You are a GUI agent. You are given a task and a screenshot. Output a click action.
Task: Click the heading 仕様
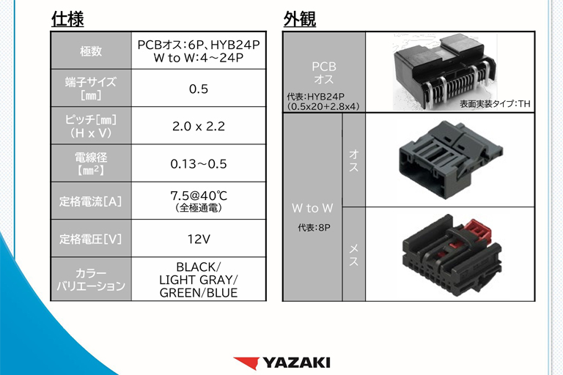point(67,18)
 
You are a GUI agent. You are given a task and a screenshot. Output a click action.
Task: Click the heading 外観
point(300,18)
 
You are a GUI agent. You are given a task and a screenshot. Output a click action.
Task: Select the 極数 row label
point(91,51)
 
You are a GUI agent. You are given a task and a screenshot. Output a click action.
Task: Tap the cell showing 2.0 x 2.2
point(199,126)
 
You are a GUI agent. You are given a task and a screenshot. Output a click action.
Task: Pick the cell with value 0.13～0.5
point(199,164)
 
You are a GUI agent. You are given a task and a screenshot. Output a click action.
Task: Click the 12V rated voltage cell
point(199,239)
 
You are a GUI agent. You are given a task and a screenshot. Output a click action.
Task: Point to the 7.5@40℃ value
point(199,196)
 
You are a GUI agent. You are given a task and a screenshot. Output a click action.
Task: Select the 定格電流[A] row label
point(91,201)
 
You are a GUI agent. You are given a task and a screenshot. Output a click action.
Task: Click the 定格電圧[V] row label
point(91,239)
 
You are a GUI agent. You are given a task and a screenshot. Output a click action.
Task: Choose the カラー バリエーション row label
point(91,280)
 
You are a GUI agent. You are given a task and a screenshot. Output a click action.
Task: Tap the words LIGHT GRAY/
point(199,280)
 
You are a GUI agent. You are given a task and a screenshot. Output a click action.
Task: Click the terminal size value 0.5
point(199,89)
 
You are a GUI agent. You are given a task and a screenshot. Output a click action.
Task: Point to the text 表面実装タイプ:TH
point(495,104)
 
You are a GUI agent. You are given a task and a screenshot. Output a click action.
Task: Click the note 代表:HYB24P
point(316,97)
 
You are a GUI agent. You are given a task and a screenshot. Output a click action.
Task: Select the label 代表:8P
point(314,228)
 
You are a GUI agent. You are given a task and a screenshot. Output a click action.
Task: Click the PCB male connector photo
point(445,72)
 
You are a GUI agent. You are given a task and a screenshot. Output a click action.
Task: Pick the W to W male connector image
point(451,160)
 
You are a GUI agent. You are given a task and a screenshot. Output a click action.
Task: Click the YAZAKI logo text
point(296,363)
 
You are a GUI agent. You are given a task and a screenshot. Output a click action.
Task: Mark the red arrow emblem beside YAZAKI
point(247,363)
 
